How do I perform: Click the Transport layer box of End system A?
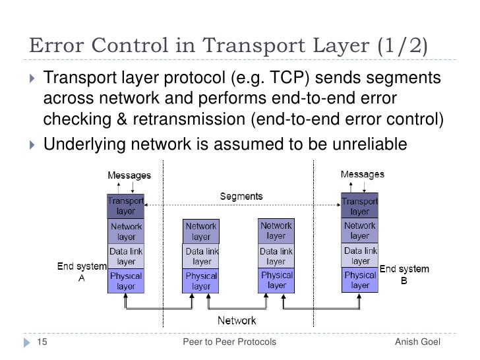pyautogui.click(x=125, y=206)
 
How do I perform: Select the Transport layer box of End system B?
pyautogui.click(x=359, y=206)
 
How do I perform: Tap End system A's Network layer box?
pyautogui.click(x=125, y=231)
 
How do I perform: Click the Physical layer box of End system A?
pyautogui.click(x=125, y=281)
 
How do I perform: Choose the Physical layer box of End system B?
pyautogui.click(x=360, y=280)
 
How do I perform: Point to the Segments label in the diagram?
pyautogui.click(x=241, y=196)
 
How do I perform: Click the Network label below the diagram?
pyautogui.click(x=237, y=320)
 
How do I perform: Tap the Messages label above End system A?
pyautogui.click(x=129, y=176)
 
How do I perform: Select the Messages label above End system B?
pyautogui.click(x=363, y=174)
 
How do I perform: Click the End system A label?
pyautogui.click(x=82, y=272)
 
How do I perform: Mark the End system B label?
pyautogui.click(x=404, y=274)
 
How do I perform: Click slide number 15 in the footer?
pyautogui.click(x=41, y=343)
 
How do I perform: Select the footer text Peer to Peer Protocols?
pyautogui.click(x=229, y=343)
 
